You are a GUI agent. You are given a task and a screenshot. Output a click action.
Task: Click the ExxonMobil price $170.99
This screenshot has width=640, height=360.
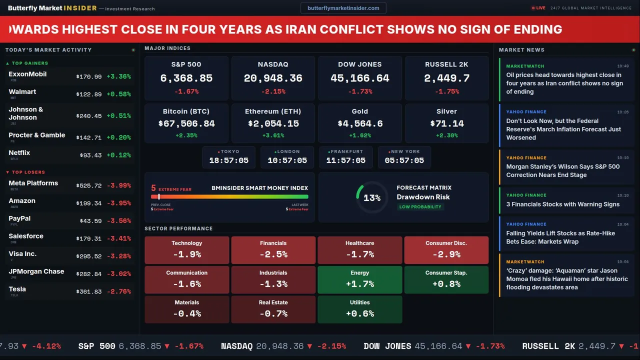coord(89,77)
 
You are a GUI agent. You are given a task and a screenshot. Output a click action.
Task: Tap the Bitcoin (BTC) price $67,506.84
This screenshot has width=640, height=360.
coord(186,123)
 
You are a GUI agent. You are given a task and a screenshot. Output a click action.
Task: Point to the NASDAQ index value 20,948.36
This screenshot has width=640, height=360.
coord(273,78)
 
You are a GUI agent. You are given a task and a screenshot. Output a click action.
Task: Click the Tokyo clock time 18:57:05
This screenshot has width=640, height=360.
coord(228,160)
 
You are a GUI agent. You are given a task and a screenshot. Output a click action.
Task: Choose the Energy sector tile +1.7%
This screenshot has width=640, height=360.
coord(359,280)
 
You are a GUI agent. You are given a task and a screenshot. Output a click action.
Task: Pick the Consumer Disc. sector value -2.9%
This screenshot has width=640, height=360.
coord(446,254)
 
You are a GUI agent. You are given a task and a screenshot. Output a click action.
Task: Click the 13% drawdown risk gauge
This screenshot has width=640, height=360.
coord(372,198)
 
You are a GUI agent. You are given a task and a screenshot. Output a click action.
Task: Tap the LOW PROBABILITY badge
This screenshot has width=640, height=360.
coord(420,207)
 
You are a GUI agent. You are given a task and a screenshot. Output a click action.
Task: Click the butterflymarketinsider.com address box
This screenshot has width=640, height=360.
coord(343,8)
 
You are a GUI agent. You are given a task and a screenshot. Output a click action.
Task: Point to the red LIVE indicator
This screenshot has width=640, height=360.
coord(538,8)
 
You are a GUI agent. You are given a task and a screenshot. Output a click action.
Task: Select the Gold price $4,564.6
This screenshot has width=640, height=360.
coord(360,123)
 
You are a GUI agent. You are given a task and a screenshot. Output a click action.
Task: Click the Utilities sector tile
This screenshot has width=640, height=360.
coord(359,309)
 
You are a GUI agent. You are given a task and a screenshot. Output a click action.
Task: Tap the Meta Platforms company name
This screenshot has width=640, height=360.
coord(33,183)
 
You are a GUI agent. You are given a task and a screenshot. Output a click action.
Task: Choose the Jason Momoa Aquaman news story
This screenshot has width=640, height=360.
coord(566,279)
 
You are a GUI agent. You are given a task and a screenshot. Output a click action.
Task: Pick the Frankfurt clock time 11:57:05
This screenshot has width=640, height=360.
coord(345,160)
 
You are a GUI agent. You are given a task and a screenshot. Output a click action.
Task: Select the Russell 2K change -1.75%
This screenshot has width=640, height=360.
coord(446,91)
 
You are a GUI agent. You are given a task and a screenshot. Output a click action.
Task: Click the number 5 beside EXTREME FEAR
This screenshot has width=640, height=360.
coord(153,188)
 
